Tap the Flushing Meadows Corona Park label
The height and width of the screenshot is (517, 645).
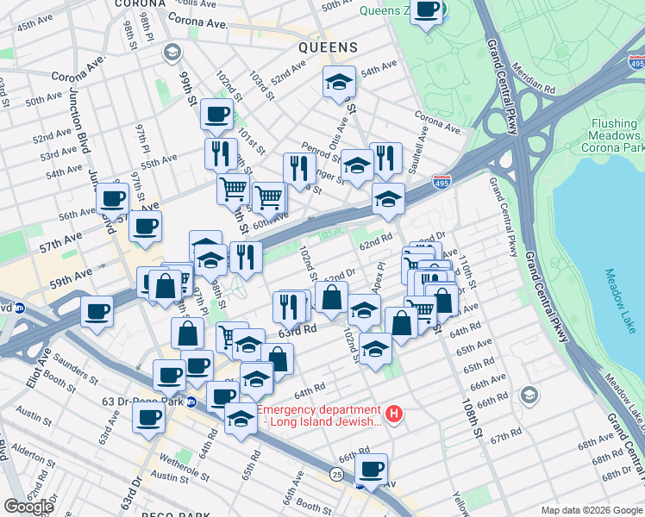(613, 136)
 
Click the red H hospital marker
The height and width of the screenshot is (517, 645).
(394, 415)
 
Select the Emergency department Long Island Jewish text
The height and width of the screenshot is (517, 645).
(318, 415)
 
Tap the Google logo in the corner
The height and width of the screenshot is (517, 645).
(28, 507)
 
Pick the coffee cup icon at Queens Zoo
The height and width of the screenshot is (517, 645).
(427, 10)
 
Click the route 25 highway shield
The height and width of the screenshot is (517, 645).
(335, 474)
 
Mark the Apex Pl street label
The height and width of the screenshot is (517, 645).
(378, 276)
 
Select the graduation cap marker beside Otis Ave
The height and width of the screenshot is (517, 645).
(339, 84)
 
